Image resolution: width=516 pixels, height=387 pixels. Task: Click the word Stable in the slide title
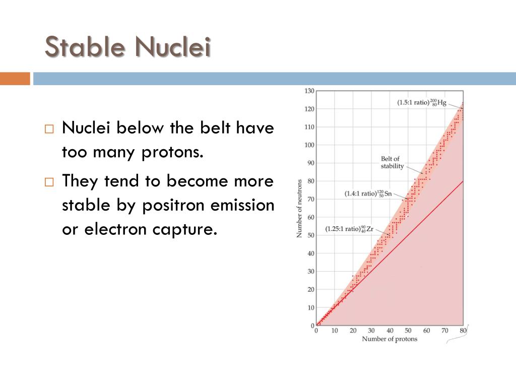(x=84, y=48)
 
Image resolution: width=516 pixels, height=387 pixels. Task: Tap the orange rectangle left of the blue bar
(x=15, y=79)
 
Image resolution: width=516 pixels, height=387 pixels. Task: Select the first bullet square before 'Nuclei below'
(x=48, y=129)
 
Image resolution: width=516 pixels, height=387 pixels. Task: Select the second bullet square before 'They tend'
(x=48, y=182)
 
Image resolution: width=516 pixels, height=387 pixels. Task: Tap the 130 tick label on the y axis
(x=309, y=91)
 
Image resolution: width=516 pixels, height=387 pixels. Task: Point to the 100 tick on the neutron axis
(x=309, y=145)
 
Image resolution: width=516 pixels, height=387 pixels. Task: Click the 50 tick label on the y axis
(x=310, y=235)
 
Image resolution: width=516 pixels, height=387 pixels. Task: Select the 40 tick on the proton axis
(x=390, y=331)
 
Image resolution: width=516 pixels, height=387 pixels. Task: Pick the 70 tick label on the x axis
(x=445, y=331)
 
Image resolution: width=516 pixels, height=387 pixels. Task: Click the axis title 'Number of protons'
(x=390, y=339)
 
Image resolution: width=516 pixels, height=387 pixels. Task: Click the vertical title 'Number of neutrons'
(x=299, y=209)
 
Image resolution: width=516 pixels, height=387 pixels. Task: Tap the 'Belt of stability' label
(x=392, y=163)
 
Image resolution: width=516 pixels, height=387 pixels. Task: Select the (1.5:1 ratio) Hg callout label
(x=422, y=103)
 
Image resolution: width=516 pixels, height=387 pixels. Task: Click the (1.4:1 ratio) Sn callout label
(x=368, y=193)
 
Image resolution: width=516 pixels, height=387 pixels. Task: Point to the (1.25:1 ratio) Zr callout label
(x=349, y=228)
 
